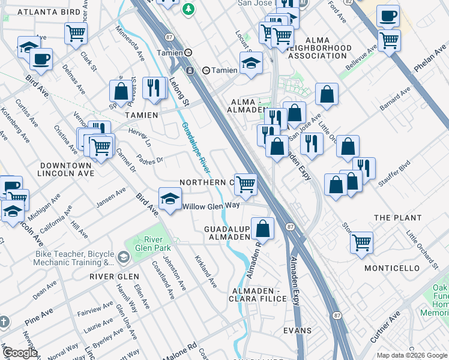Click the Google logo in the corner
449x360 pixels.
(x=19, y=352)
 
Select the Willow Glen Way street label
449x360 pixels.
(x=211, y=205)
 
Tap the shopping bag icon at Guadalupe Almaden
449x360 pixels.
(x=262, y=229)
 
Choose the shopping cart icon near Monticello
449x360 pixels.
(x=361, y=243)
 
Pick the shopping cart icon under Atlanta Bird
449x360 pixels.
(x=76, y=34)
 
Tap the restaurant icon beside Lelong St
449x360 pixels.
(x=155, y=88)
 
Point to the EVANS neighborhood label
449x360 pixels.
(x=298, y=331)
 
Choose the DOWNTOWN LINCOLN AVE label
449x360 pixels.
(x=65, y=169)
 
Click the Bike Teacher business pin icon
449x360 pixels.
(x=124, y=257)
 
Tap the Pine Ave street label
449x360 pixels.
(x=40, y=315)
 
